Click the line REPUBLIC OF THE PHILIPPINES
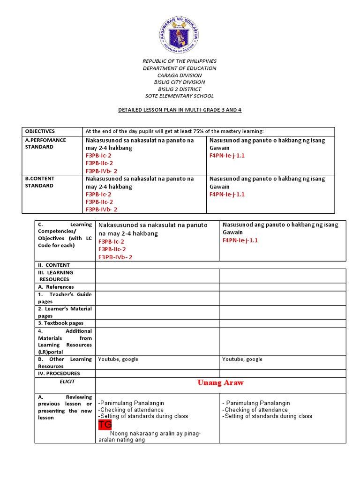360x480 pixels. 180,61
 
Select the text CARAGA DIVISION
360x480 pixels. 180,75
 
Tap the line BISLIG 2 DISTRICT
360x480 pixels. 180,89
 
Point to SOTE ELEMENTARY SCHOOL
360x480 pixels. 180,96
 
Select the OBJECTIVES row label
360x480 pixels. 40,131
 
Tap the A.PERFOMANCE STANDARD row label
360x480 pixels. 45,143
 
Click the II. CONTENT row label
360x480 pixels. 54,265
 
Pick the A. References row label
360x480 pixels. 56,287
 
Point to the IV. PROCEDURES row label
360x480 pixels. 59,374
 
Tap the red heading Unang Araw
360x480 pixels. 220,383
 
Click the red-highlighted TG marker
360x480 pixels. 105,425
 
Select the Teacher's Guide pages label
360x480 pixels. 65,298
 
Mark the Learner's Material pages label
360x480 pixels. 65,312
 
